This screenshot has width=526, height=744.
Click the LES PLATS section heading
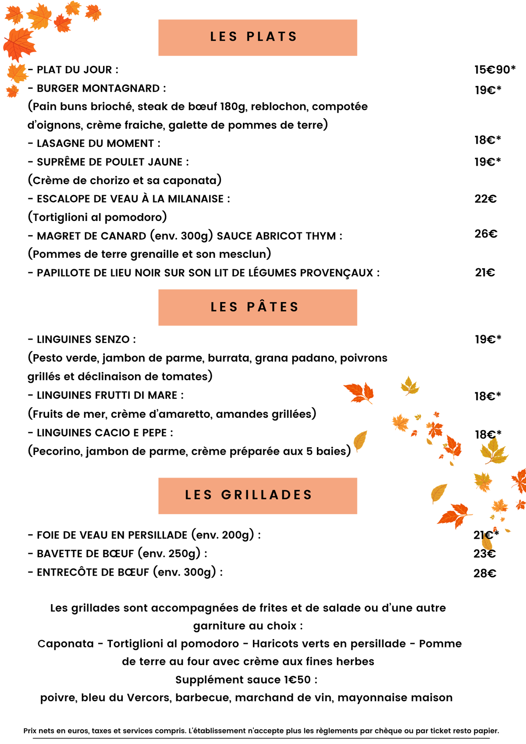tap(254, 37)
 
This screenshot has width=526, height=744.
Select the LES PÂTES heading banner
tap(255, 307)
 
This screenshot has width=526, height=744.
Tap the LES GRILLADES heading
tap(249, 495)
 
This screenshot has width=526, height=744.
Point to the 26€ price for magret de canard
tap(486, 234)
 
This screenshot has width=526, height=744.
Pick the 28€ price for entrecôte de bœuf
tap(485, 573)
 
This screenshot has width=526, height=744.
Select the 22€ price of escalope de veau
tap(485, 199)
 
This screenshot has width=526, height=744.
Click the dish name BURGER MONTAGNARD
tap(98, 89)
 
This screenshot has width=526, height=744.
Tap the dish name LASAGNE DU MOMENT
tap(95, 144)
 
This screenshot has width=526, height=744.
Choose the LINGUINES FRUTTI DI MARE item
tap(107, 395)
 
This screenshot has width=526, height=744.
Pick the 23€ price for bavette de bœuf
tap(484, 554)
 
